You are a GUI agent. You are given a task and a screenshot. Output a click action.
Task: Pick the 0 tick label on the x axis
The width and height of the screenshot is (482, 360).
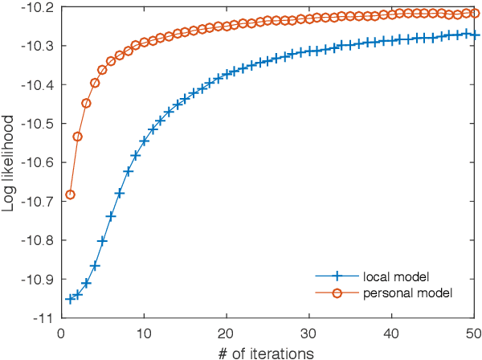click(x=61, y=331)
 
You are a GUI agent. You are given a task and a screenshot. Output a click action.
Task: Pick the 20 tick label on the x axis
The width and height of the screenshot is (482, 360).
click(x=227, y=331)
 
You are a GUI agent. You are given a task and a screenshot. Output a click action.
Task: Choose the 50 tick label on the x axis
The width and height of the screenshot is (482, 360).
click(x=474, y=331)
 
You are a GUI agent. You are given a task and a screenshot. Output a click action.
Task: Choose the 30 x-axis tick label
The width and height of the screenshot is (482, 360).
click(x=310, y=331)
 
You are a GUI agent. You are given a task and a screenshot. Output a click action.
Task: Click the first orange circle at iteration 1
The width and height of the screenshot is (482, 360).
click(x=70, y=194)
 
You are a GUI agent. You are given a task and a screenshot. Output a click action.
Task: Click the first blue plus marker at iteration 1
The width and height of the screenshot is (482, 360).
click(x=70, y=299)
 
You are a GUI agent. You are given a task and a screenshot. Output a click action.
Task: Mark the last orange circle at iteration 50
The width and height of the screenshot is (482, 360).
click(x=474, y=14)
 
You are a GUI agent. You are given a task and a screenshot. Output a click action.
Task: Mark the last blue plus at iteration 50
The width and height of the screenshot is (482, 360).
click(x=474, y=35)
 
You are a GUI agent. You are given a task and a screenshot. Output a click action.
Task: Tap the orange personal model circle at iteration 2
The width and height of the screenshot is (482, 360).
click(x=78, y=137)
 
